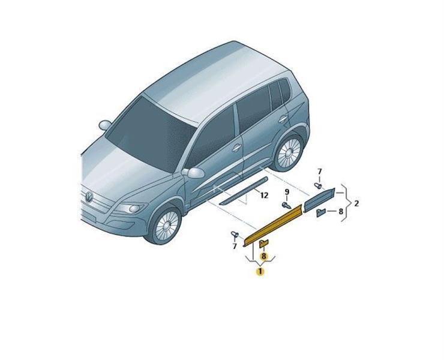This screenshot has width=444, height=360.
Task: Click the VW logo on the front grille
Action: point(89,197)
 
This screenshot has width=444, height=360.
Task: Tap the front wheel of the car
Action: point(165,225)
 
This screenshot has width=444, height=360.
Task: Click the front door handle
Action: point(236,148)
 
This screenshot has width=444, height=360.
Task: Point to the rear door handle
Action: point(283,119)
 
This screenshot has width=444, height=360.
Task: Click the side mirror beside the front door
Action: point(193,172)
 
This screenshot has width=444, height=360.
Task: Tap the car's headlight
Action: point(131,208)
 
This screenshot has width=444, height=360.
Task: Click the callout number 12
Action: point(264,195)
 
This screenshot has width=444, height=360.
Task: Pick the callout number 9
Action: point(287,192)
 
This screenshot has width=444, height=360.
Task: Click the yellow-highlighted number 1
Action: point(260,271)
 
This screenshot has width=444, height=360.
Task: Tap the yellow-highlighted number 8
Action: point(263,256)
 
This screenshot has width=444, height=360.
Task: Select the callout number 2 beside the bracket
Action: point(356,203)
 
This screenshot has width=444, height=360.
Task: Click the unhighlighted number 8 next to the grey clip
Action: point(341,211)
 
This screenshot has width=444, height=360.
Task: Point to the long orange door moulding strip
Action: point(273,224)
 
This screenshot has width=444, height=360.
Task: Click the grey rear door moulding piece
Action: point(319,200)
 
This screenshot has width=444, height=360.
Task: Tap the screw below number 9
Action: point(286,205)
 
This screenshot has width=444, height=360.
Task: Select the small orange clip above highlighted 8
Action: point(263,243)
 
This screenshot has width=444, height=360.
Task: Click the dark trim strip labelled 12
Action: point(244,191)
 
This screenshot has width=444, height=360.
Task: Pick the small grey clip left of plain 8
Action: point(321,212)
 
